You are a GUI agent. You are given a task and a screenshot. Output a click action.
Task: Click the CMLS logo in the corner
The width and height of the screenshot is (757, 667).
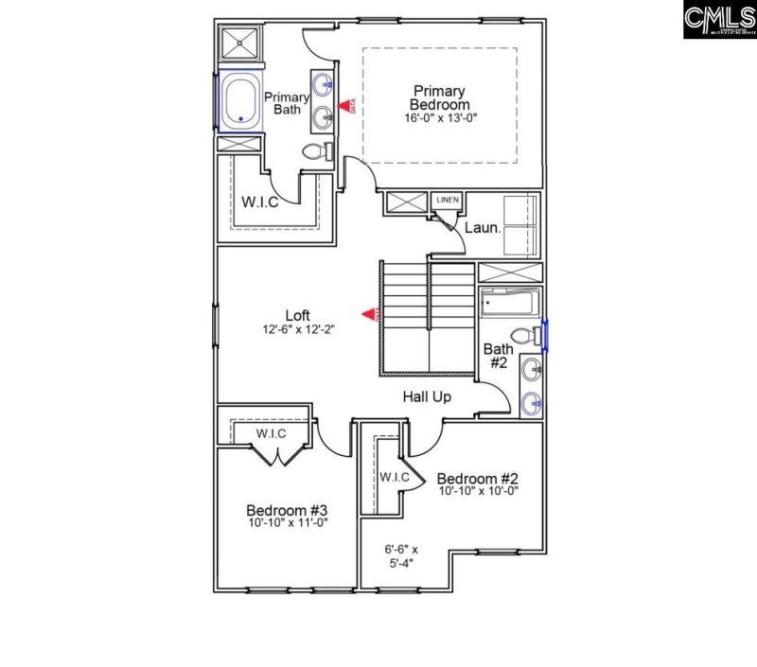(718, 20)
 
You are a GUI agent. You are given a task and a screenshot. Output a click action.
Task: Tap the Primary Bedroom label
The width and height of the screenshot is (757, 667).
(439, 97)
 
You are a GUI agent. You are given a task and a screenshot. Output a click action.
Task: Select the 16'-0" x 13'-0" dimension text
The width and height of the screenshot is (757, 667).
(439, 119)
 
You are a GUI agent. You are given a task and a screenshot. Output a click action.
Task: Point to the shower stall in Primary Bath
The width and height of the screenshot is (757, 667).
(239, 45)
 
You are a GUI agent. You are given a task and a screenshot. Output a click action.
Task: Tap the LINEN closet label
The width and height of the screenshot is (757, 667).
(447, 201)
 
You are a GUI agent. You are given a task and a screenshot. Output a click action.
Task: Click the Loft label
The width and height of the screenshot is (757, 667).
(298, 315)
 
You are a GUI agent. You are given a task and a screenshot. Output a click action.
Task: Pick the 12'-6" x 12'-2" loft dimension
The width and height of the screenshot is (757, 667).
(298, 330)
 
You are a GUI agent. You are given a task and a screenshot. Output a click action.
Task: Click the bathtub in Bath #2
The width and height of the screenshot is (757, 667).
(509, 305)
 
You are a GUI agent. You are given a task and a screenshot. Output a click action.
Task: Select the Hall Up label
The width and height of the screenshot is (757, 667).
(429, 397)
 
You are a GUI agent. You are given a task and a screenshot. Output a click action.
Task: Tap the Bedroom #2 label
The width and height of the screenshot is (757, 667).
(478, 477)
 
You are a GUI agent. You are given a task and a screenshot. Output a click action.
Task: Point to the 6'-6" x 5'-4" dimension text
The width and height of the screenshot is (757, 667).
(401, 556)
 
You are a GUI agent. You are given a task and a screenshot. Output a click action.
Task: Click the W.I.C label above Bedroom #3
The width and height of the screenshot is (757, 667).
(272, 432)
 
